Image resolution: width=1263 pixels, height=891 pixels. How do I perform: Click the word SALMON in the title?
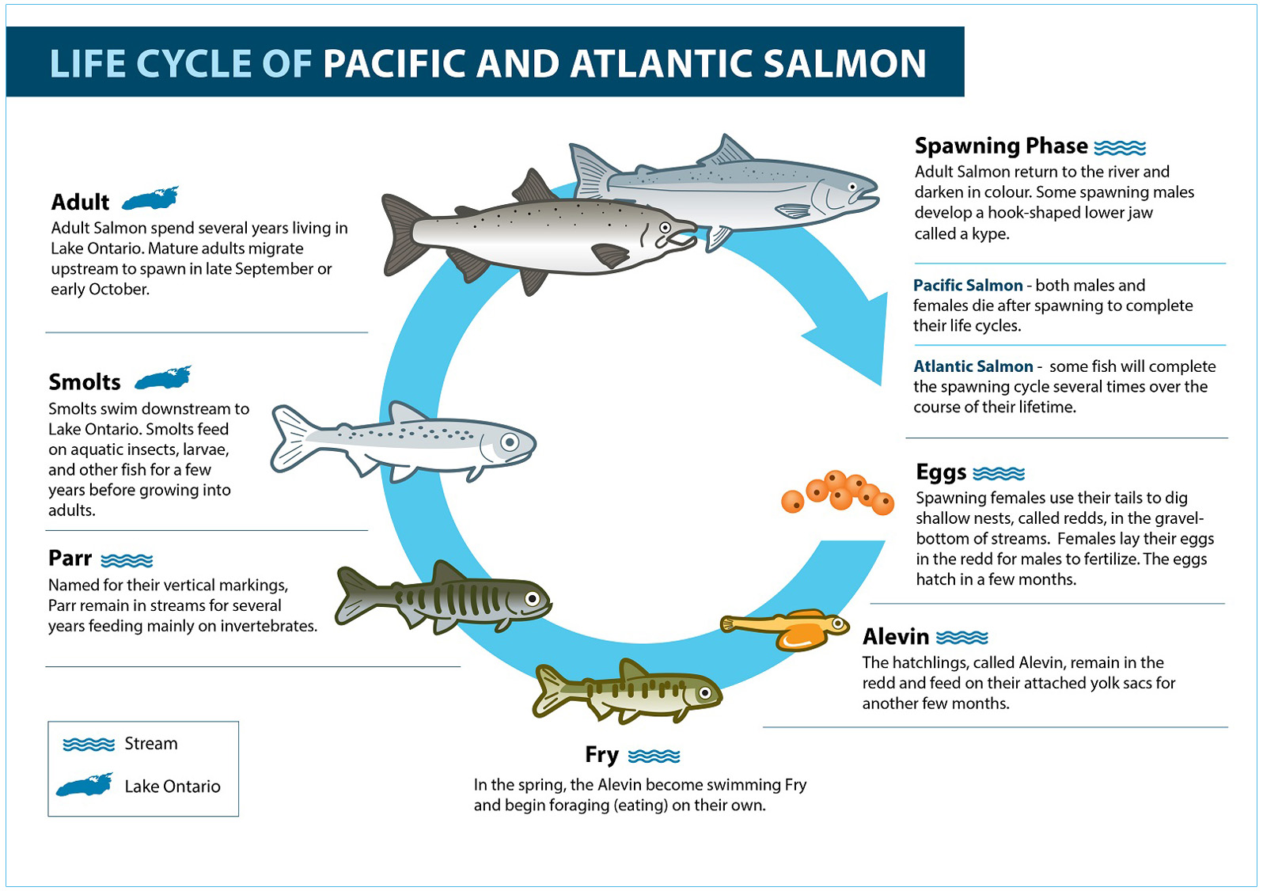[x=844, y=63]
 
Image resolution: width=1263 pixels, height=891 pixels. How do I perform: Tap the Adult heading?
[x=80, y=202]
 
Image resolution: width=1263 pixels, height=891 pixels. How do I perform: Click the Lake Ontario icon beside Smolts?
[x=163, y=377]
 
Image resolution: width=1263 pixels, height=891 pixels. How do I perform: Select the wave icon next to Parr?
[x=127, y=560]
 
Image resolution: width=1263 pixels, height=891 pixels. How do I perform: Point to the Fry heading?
[x=601, y=755]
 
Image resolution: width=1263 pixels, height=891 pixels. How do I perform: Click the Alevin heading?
[x=895, y=637]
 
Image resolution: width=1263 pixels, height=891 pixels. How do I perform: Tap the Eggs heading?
[x=940, y=472]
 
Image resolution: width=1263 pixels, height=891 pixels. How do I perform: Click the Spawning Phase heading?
[x=1001, y=146]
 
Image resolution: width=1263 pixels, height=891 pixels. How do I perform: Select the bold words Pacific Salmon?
[x=968, y=286]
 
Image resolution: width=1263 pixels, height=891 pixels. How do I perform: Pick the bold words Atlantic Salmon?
[x=973, y=366]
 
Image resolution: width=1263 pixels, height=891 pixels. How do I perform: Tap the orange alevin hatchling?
[x=784, y=628]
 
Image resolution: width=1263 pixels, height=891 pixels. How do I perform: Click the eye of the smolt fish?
[x=510, y=442]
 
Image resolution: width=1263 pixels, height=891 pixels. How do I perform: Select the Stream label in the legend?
[x=150, y=744]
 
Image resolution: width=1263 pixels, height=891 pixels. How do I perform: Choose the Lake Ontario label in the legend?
[x=172, y=787]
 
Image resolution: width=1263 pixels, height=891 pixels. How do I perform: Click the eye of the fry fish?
[x=705, y=692]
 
